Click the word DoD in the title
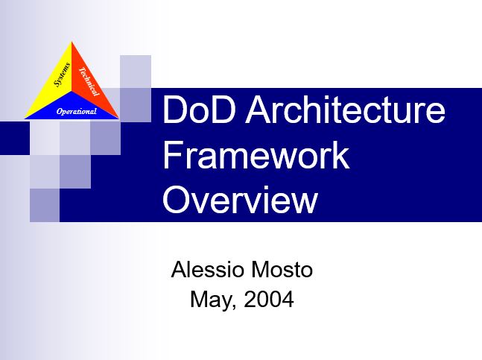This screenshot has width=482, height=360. coord(199,109)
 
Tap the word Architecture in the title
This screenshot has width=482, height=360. coord(346,109)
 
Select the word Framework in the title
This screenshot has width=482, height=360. coord(256,155)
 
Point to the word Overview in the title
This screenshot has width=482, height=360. coord(240,200)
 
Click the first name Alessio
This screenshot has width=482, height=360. coord(208,270)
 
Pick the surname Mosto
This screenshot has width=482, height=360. coord(282,270)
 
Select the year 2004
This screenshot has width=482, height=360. coord(269,299)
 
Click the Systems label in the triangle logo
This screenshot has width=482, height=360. coord(62,75)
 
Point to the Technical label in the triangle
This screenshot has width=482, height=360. coord(89,81)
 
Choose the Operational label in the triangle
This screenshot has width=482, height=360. coord(77,111)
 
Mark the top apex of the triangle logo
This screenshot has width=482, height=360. coord(72,42)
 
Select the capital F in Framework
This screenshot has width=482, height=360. coord(172,155)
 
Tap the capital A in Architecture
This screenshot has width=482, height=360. coord(259,109)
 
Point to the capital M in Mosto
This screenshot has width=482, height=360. coord(259,270)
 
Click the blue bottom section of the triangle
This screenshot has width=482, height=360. coord(72,107)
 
